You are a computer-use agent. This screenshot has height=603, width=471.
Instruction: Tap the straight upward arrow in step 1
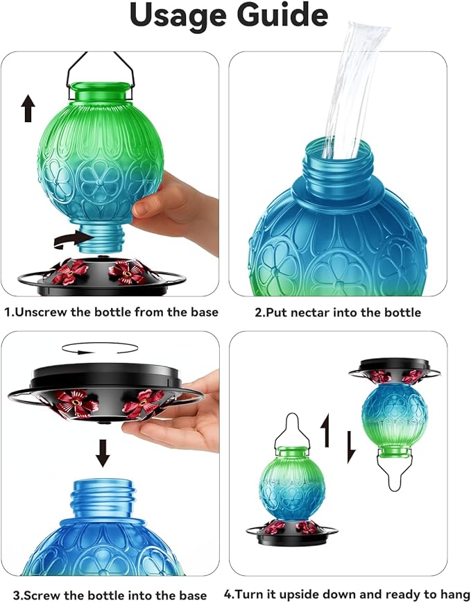point(28,109)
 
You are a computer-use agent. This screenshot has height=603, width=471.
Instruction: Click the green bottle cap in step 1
point(100,90)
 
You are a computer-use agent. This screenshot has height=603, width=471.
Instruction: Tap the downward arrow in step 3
point(103,452)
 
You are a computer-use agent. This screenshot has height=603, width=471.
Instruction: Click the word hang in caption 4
point(457,595)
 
